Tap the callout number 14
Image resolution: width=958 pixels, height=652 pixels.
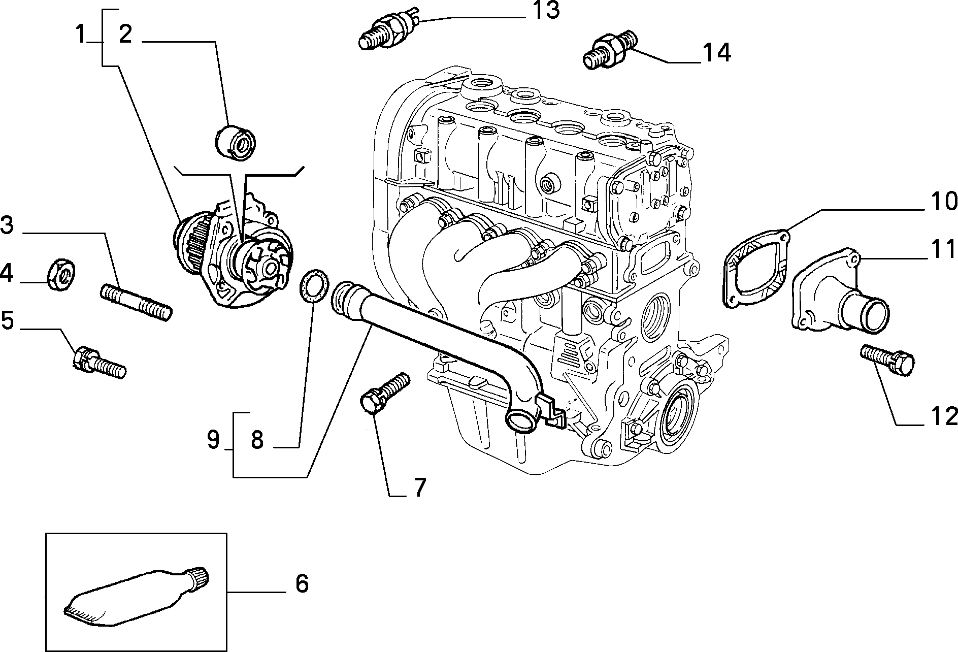[717, 53]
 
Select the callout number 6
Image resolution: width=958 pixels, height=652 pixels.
[302, 584]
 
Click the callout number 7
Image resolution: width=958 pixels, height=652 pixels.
[419, 488]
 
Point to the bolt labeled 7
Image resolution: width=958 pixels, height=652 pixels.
[385, 393]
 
